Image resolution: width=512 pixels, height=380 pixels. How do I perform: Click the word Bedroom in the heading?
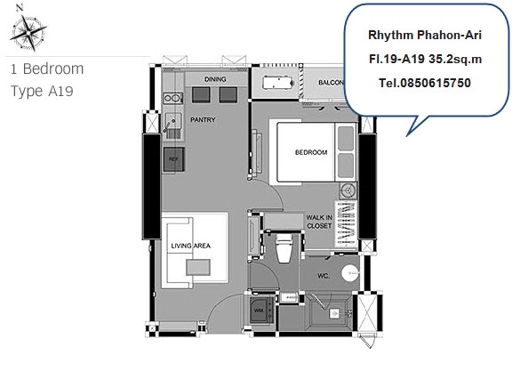coord(53,69)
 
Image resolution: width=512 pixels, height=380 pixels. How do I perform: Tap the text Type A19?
coord(42,92)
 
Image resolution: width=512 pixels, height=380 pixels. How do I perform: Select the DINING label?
coord(215,79)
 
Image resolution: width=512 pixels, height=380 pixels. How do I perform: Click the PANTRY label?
coord(203,119)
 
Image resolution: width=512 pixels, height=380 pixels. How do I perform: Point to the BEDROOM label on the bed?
coord(311,152)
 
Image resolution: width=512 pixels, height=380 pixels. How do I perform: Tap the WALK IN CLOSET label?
coord(319,222)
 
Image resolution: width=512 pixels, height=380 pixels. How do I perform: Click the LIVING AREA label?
coord(191,246)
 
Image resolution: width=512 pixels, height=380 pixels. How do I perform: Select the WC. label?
coord(324,276)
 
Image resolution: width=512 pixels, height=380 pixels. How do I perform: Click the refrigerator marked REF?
coord(174,159)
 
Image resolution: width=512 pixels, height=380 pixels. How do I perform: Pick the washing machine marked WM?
coord(262,310)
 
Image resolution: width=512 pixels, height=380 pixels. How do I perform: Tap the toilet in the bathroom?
coord(284,247)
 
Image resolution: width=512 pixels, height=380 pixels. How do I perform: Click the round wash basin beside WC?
coord(350,272)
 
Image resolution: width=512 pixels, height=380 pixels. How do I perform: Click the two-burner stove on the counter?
coord(172,98)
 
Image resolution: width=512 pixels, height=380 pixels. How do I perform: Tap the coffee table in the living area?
coord(198,267)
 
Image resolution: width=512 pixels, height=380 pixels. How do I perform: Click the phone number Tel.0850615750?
coord(425,83)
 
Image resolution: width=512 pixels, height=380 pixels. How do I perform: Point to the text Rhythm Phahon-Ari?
coord(425,35)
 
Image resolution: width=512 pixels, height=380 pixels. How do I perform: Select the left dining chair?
coord(201,95)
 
